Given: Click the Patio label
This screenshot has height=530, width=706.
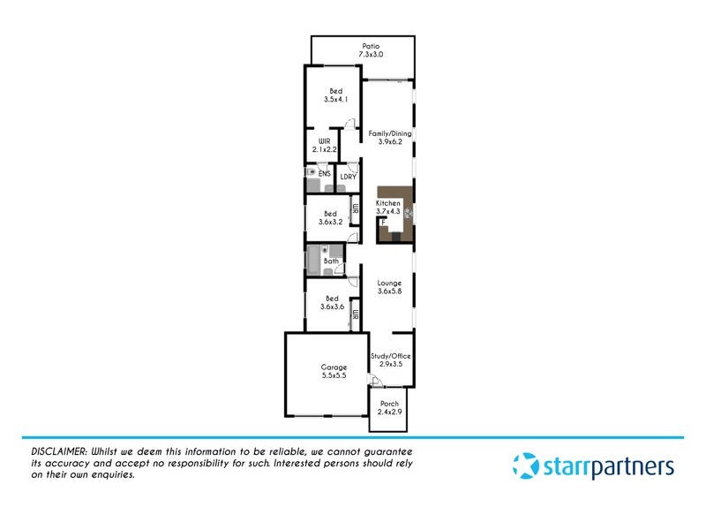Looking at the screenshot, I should [x=371, y=49].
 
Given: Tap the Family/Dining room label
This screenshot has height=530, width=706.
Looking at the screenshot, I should [x=389, y=138].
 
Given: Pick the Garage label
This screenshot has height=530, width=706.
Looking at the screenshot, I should [x=334, y=367].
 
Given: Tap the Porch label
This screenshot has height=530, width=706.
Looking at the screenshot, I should [x=389, y=405].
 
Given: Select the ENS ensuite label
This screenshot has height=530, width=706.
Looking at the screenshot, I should [x=325, y=174].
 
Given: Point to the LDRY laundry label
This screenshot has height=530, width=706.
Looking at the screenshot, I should [x=348, y=175].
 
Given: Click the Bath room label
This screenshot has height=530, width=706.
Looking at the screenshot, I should [x=331, y=261].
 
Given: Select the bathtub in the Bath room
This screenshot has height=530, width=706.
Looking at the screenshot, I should [x=313, y=261].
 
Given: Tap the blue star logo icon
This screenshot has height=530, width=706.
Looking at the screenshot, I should [x=526, y=466].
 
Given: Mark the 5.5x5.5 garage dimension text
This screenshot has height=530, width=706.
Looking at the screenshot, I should [x=334, y=376].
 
